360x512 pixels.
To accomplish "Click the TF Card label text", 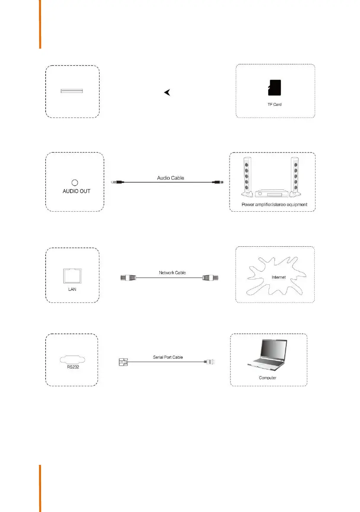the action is pyautogui.click(x=275, y=105).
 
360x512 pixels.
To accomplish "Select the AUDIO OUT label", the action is pyautogui.click(x=74, y=191).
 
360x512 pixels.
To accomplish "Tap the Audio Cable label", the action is pyautogui.click(x=168, y=177).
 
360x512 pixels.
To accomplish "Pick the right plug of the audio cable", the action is pyautogui.click(x=219, y=183).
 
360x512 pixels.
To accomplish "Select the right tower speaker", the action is pyautogui.click(x=295, y=176).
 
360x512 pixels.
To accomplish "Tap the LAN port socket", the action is pyautogui.click(x=73, y=275).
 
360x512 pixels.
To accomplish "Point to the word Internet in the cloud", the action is pyautogui.click(x=279, y=277).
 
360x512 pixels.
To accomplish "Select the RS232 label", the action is pyautogui.click(x=73, y=369).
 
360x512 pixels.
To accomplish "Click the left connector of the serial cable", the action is pyautogui.click(x=122, y=362).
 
